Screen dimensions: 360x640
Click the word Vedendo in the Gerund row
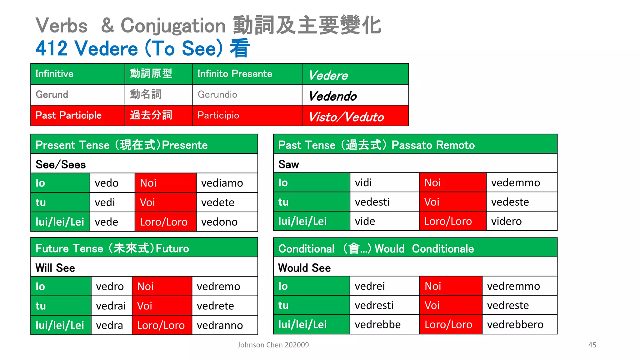[x=333, y=96]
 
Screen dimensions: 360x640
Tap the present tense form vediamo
[x=222, y=183]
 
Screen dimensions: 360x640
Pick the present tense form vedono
[x=219, y=222]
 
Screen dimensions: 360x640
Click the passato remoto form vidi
[x=363, y=182]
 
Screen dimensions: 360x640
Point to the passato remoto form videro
[x=506, y=221]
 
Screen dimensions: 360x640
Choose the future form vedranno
[x=220, y=325]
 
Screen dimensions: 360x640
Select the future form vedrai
[x=111, y=306]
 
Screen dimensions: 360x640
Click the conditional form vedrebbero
[x=515, y=325]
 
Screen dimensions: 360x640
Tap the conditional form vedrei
[x=370, y=286]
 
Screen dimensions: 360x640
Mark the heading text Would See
[x=304, y=268]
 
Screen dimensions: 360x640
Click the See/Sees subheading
[x=61, y=164]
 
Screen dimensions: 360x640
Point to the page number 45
[x=592, y=345]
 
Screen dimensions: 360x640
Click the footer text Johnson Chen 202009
[x=273, y=345]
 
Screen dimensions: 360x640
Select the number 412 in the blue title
[x=52, y=48]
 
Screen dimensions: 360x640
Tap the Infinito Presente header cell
[x=235, y=74]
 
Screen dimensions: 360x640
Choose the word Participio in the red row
[x=218, y=115]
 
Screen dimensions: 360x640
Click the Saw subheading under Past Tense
[x=288, y=164]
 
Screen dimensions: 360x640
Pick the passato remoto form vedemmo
[x=515, y=182]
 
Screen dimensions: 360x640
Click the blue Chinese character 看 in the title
[x=240, y=48]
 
